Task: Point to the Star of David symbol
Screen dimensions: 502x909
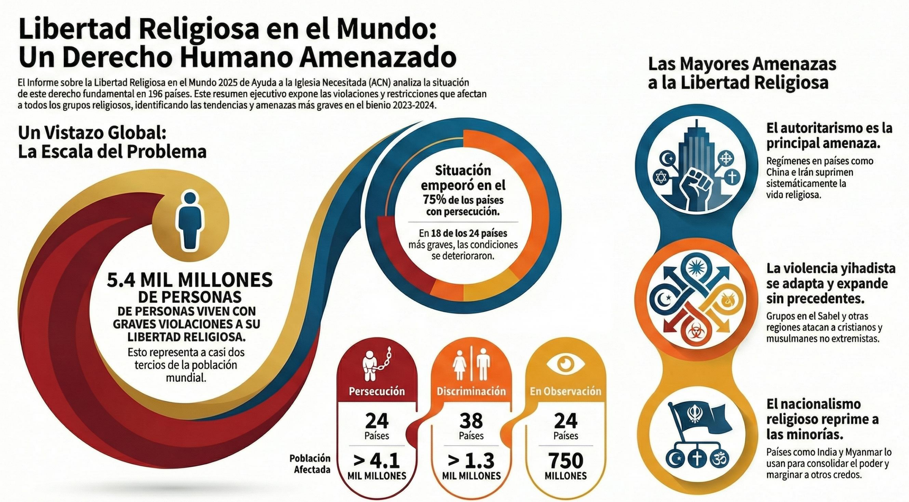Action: [x=661, y=177]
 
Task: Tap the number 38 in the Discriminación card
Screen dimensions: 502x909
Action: [x=471, y=421]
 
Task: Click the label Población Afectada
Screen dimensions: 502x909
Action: [x=310, y=464]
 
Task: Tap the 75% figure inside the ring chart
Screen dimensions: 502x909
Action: [x=435, y=200]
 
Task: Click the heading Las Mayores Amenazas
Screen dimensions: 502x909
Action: [x=742, y=65]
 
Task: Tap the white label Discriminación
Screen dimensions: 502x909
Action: [x=471, y=391]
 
